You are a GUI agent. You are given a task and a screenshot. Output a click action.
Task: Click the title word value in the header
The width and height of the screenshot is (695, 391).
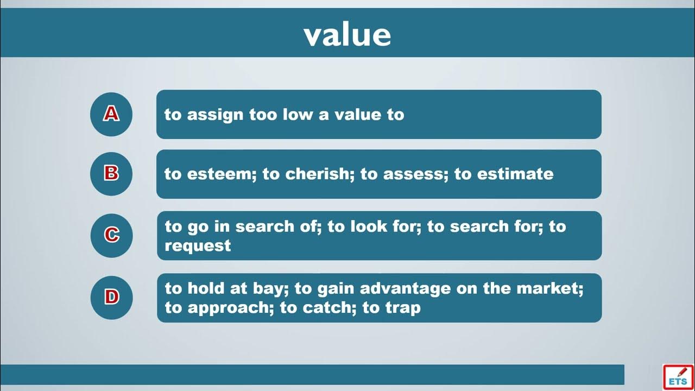coord(347,35)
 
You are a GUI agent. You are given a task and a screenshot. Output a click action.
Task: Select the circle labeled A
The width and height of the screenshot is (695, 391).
coord(111,114)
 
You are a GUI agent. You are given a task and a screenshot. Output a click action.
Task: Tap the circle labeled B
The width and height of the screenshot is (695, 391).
coord(111,174)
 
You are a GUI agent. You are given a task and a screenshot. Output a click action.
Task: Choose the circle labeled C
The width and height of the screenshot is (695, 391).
coord(111,236)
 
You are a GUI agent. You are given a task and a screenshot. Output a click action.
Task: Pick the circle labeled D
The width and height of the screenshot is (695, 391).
coord(111,298)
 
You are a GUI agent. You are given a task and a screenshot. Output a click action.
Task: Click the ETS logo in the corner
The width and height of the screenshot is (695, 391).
coord(678,377)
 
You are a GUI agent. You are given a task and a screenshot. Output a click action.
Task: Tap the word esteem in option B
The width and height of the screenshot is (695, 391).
coord(222,174)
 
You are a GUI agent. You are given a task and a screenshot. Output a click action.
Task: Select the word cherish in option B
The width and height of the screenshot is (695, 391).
coord(320,174)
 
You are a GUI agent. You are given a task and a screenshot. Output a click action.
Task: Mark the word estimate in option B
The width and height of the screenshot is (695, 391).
coord(515,174)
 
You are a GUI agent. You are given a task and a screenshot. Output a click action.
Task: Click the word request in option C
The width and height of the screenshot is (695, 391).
coord(198,247)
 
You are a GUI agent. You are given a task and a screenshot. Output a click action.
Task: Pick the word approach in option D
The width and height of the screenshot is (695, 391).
coord(231,308)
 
